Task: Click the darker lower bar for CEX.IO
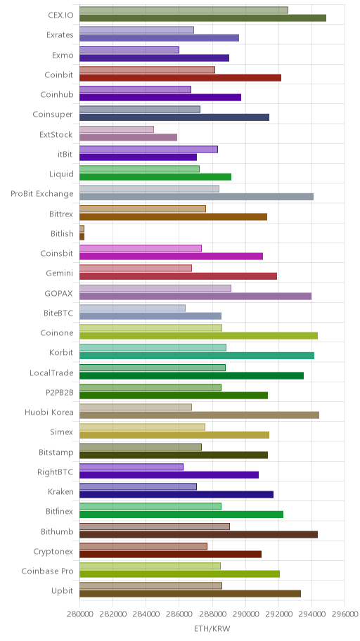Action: coord(203,18)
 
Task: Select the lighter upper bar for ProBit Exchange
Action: coord(149,189)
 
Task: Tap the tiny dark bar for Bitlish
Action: coord(82,237)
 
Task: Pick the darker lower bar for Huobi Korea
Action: coord(199,415)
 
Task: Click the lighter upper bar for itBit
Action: coord(148,149)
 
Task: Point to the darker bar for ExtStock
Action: coord(129,137)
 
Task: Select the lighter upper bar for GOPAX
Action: coord(155,288)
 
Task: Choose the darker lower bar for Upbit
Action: coord(191,594)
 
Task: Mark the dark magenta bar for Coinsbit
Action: coord(171,257)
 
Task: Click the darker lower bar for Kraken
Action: coord(176,495)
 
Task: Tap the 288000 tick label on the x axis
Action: coord(212,614)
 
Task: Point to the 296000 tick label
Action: coord(345,614)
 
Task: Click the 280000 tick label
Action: coord(79,614)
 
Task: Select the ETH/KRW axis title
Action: coord(212,629)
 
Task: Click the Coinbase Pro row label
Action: coord(47,571)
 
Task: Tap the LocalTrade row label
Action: coord(51,373)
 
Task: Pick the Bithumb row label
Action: coord(57,532)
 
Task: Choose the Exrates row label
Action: coord(60,35)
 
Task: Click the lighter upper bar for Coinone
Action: coord(151,328)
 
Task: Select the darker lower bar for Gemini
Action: coord(179,276)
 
